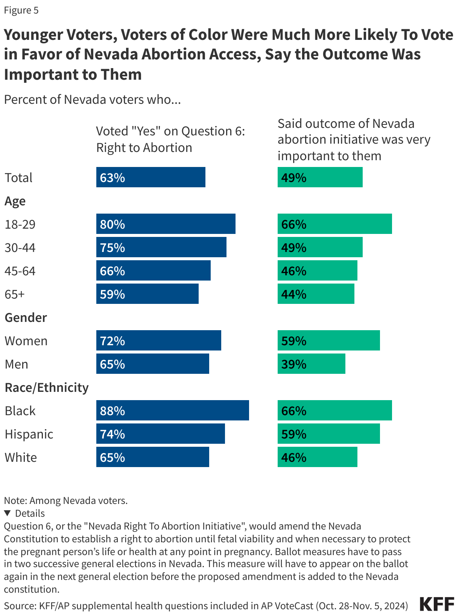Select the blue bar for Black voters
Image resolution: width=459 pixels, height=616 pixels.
click(172, 410)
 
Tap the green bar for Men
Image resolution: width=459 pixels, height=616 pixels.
click(311, 364)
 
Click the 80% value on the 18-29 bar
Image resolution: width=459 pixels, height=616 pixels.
click(112, 224)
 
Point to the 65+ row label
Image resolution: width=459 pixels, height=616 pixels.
click(15, 294)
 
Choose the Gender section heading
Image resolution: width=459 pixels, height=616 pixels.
click(26, 317)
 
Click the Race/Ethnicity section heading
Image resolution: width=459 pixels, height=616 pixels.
click(47, 387)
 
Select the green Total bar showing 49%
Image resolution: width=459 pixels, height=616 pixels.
click(320, 177)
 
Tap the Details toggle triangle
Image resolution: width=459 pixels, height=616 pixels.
click(7, 513)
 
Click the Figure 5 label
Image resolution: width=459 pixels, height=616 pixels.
click(21, 10)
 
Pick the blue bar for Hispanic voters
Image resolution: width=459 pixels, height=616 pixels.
click(160, 434)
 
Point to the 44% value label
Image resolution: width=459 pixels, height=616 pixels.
click(294, 294)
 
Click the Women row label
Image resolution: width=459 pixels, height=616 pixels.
click(26, 341)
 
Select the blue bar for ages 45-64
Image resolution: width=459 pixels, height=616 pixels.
click(153, 271)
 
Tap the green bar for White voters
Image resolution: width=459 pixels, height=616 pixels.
click(317, 457)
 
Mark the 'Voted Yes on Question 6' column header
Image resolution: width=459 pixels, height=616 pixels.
click(170, 139)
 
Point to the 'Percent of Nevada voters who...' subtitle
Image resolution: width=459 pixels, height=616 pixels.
click(92, 100)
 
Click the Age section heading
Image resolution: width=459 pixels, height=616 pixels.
click(15, 201)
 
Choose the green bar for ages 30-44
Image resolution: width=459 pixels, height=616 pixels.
click(320, 247)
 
